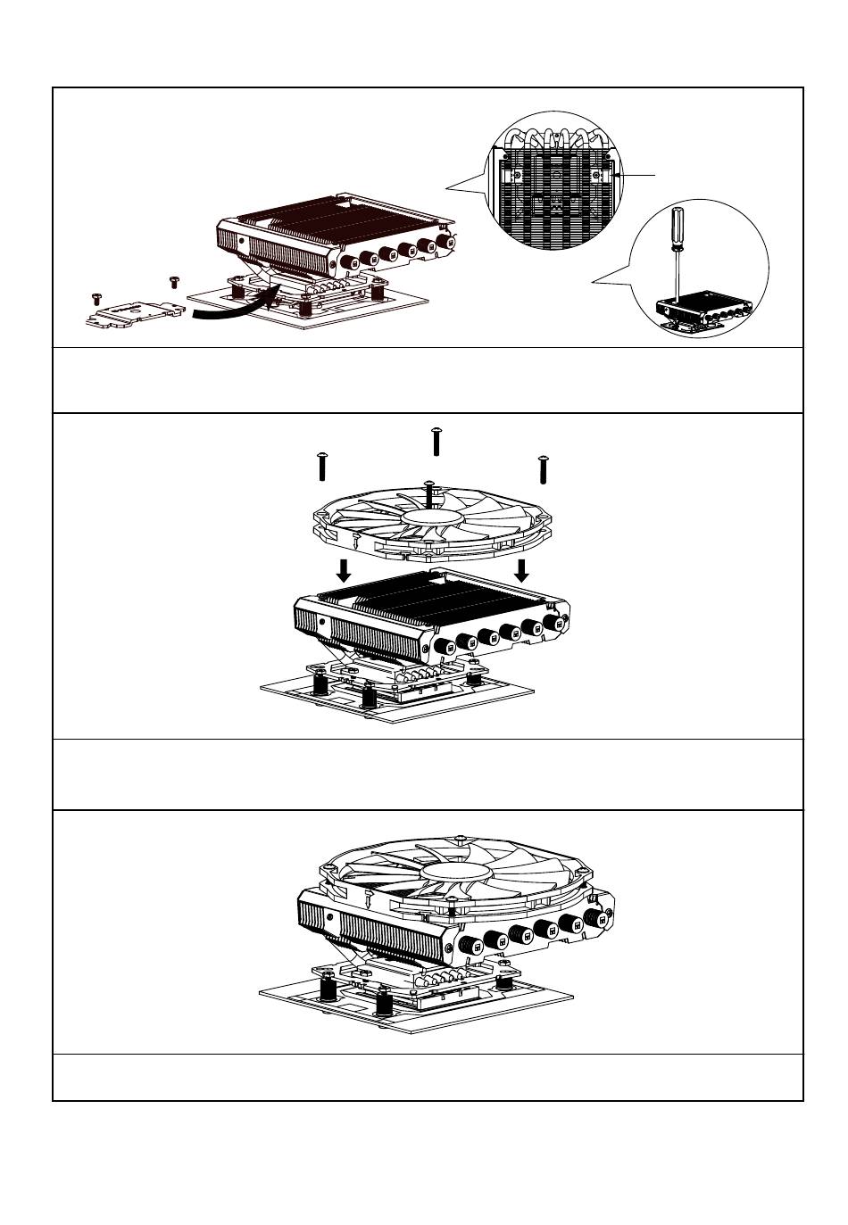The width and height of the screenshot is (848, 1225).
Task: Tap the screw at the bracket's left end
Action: click(x=95, y=297)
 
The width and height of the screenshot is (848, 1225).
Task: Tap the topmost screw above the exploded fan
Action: click(x=436, y=440)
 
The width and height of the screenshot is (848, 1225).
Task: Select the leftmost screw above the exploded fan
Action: click(x=320, y=465)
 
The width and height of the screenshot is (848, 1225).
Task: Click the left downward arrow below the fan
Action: click(x=343, y=569)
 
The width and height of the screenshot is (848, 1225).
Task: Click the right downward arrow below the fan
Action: click(x=522, y=569)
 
